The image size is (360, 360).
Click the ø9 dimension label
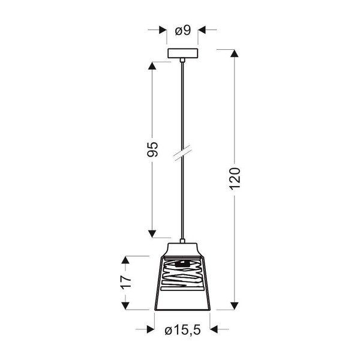[182, 29]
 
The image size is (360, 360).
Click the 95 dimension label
[152, 149]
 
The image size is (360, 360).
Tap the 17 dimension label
[125, 283]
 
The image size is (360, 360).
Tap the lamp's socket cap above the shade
[182, 249]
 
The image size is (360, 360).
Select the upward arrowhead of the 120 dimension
[235, 53]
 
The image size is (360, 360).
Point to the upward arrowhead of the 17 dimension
[125, 260]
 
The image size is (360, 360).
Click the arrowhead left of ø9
[163, 29]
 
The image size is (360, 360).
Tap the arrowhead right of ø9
[203, 29]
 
